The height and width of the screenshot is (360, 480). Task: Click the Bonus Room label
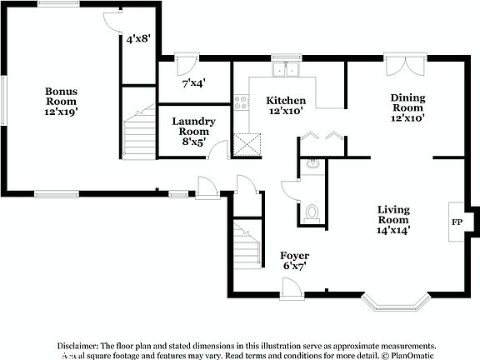61,101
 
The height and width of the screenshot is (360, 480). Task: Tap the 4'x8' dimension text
137,38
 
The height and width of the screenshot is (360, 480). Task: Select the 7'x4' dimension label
193,83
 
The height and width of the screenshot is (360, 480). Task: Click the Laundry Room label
193,131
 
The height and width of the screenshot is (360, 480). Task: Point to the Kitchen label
285,104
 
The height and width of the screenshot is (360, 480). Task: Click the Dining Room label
408,107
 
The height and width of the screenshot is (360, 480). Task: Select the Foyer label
294,260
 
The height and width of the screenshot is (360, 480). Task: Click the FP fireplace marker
457,222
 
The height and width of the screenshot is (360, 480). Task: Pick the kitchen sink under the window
288,71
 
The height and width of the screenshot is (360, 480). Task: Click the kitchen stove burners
242,102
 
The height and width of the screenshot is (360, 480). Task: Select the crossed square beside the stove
246,146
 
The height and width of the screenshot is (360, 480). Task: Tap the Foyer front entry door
292,287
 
